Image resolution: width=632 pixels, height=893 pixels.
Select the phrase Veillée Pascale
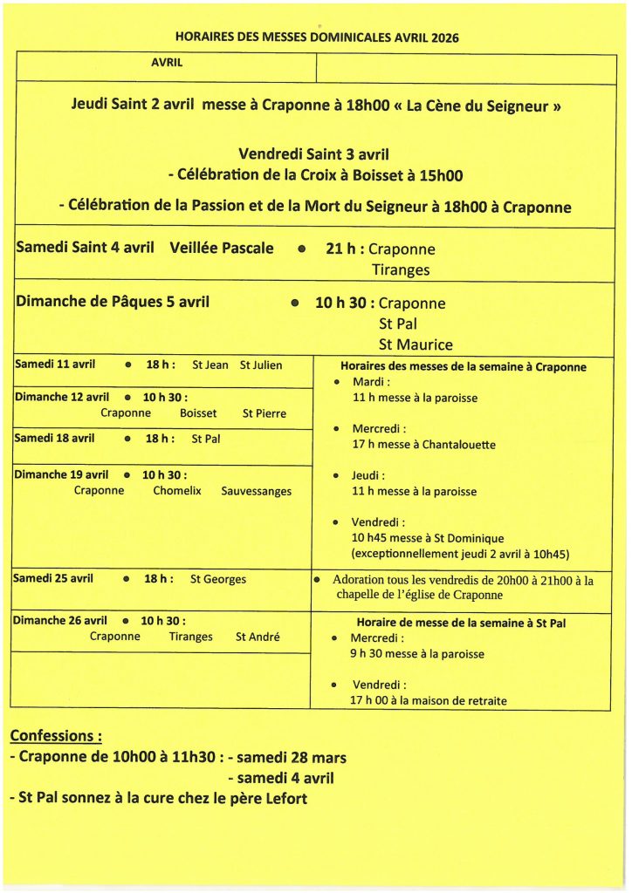[x=222, y=248]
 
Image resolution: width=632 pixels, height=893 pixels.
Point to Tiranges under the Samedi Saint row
[x=401, y=270]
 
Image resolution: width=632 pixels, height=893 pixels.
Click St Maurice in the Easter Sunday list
[x=416, y=344]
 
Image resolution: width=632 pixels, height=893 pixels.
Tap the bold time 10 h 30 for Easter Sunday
[x=344, y=303]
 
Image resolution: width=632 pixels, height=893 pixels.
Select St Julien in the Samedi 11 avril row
[x=261, y=365]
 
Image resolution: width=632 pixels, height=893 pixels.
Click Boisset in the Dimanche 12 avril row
[x=198, y=413]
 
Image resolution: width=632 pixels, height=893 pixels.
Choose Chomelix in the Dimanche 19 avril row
[x=177, y=491]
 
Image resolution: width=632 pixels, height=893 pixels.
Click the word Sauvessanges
[x=257, y=491]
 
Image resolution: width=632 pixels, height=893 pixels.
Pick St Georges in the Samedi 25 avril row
[x=218, y=579]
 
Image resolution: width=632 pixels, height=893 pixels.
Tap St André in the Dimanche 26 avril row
[x=258, y=637]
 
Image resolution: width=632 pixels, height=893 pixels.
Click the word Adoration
[x=360, y=580]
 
